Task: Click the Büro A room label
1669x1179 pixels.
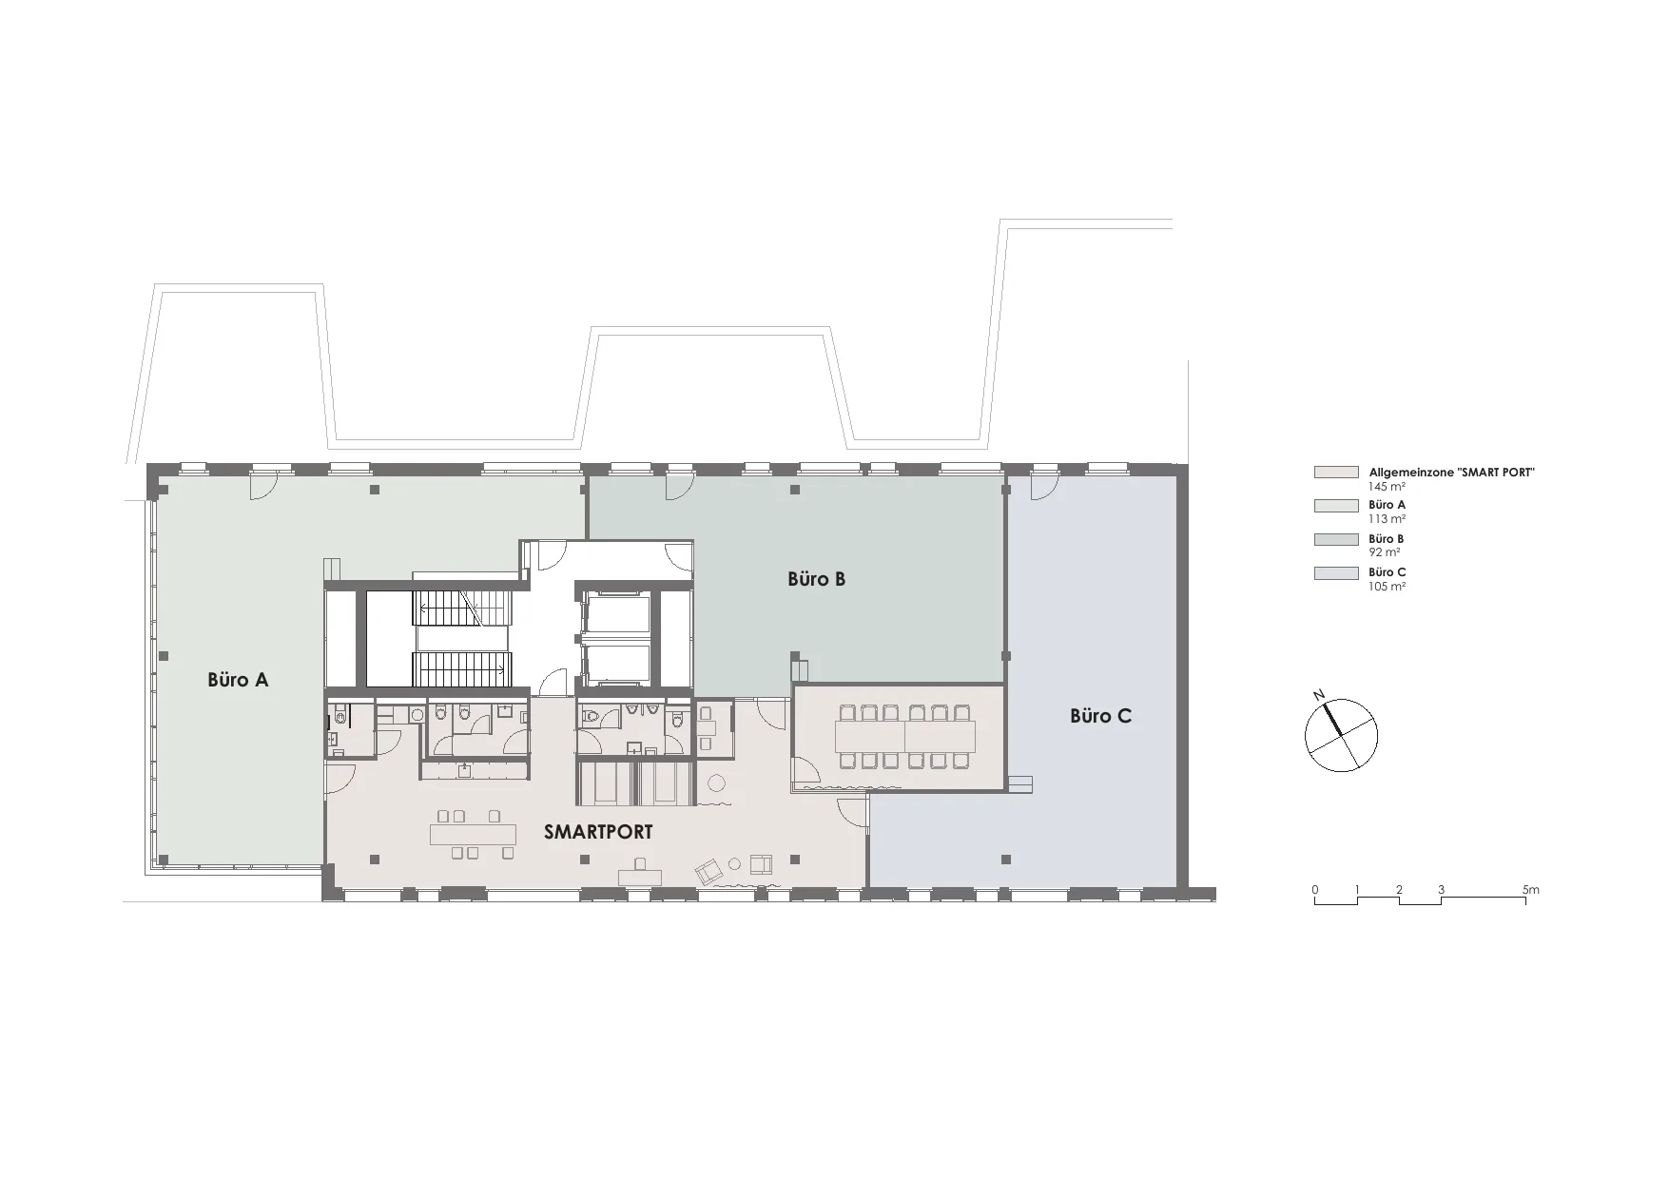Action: [x=238, y=680]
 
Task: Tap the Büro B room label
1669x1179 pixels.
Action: [x=816, y=578]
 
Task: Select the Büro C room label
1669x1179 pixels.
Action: [x=1100, y=716]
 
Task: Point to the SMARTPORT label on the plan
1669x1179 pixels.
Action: [x=598, y=832]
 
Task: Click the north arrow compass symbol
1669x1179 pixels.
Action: [x=1340, y=733]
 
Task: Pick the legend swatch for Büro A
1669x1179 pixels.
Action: [x=1336, y=506]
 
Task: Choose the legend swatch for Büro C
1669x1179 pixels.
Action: [x=1336, y=573]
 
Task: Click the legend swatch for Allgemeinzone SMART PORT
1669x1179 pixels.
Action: [x=1336, y=473]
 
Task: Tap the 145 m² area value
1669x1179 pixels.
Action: [x=1388, y=487]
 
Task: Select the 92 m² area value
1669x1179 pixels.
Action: [x=1384, y=552]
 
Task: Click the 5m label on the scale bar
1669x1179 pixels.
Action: [x=1530, y=890]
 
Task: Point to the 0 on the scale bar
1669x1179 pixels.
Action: [x=1315, y=890]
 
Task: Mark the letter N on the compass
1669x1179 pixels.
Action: [x=1319, y=696]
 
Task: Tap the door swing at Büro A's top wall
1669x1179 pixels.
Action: [x=263, y=487]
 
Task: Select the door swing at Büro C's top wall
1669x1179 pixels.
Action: [x=1044, y=487]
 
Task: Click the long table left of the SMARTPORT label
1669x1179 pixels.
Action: [x=473, y=835]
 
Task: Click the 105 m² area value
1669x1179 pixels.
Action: [x=1388, y=587]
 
